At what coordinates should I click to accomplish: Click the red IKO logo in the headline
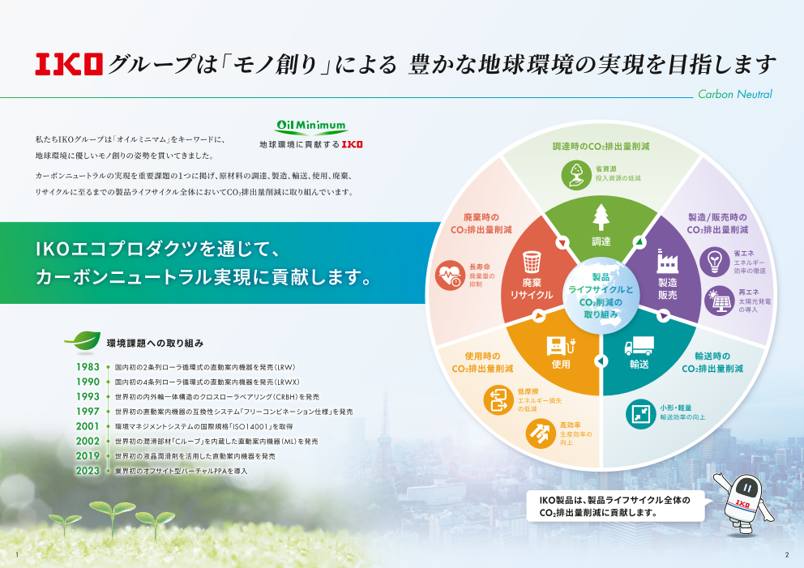coord(69,64)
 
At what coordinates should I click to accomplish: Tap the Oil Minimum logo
coord(311,126)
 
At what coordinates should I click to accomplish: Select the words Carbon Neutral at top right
coord(736,94)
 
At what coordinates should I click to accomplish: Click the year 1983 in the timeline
coord(88,367)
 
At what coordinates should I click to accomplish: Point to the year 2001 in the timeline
coord(88,426)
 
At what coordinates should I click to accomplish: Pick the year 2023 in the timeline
coord(88,471)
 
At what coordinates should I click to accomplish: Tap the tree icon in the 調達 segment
coord(601,217)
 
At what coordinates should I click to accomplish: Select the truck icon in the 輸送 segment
coord(639,347)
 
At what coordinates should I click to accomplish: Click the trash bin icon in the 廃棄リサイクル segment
coord(532,262)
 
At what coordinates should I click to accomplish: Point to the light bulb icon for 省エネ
coord(714,261)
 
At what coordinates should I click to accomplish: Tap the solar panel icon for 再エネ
coord(718,301)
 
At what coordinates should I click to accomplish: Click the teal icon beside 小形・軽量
coord(640,413)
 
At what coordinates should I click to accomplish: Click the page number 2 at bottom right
coord(786,555)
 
